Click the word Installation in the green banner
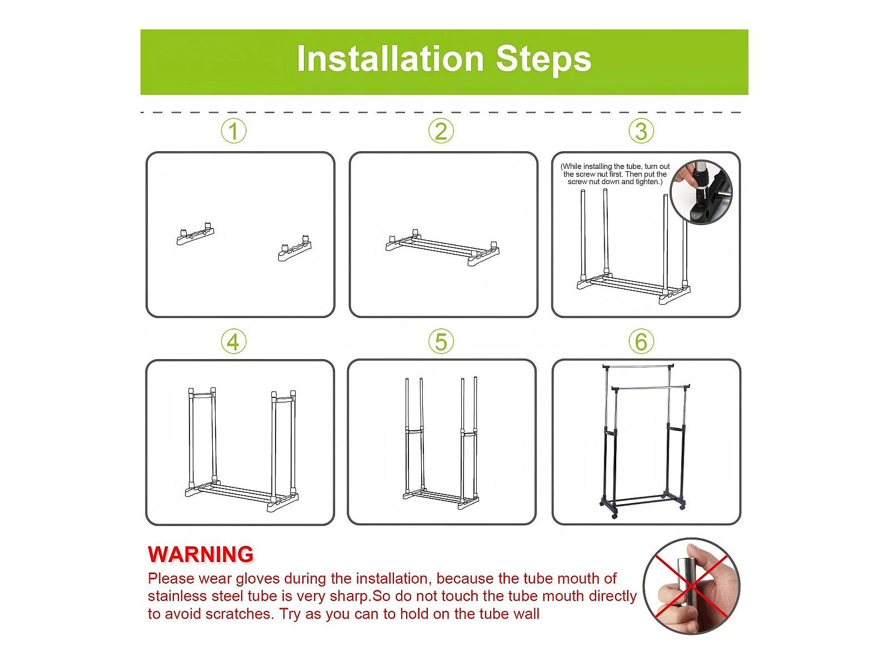pos(391,59)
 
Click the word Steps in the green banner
pos(543,59)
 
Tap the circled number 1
pos(234,131)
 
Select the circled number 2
pos(441,131)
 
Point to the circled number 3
pos(641,131)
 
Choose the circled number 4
pos(234,341)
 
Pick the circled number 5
pos(441,341)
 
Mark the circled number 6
pos(641,341)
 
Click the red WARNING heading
pos(201,554)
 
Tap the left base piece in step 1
pos(196,233)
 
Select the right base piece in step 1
pos(295,248)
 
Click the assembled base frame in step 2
pos(442,247)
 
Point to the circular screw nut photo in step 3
pos(701,192)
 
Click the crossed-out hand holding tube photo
pos(691,586)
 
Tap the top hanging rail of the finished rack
pos(638,366)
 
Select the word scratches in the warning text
pos(238,614)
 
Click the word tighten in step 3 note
pos(648,182)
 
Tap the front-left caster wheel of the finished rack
pos(615,515)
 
